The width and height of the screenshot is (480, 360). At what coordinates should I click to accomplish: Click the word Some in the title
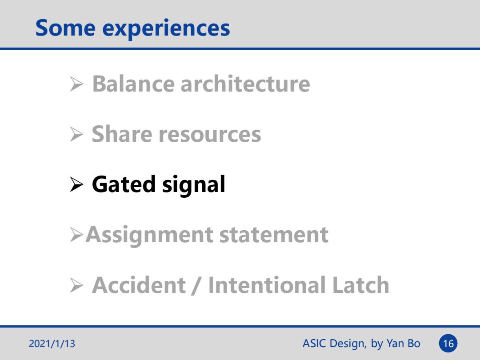coord(65,28)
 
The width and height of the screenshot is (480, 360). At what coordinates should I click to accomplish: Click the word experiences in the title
coord(166,29)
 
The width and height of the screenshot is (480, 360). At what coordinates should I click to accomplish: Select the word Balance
coord(133,84)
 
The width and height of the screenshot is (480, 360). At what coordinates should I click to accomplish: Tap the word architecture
coord(245,84)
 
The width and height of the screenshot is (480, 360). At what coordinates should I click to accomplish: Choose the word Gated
coord(124,184)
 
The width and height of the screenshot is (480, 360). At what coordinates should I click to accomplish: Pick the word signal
coord(194,185)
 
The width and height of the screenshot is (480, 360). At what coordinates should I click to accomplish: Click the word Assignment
coord(149,236)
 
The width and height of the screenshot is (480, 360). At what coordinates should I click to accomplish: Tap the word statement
coord(274,235)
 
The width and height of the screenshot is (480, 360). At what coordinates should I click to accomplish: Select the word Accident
coord(139,285)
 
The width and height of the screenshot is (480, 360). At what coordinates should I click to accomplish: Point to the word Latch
coord(360,285)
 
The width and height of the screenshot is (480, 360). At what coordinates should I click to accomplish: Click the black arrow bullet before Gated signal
coord(76,184)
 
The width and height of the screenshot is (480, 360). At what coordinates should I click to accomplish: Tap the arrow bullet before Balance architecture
coord(76,84)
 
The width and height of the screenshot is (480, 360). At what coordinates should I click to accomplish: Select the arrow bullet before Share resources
coord(76,134)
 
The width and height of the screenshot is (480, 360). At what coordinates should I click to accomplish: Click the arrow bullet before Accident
coord(76,285)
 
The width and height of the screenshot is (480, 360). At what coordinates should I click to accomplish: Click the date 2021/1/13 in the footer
coord(52,344)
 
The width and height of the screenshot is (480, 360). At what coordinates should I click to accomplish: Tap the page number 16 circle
coord(448,344)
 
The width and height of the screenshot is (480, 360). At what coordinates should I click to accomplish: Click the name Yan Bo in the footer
coord(403,344)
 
